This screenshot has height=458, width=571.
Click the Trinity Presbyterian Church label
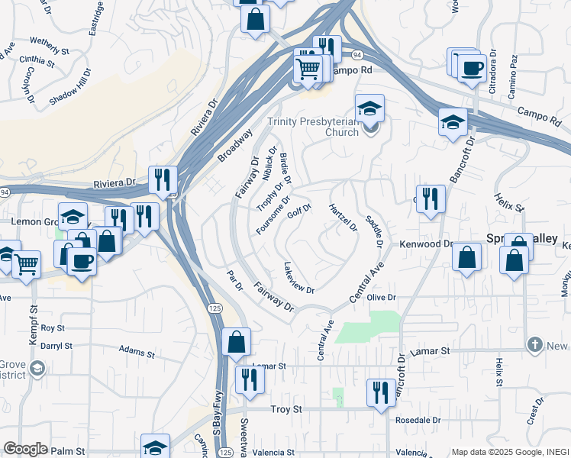point(323,127)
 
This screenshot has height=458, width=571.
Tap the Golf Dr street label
point(298,211)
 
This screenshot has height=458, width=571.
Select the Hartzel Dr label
point(343,217)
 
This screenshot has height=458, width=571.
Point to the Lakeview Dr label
point(298,278)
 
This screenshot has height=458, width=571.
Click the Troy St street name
point(288,409)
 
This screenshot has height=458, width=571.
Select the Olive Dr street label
point(381,297)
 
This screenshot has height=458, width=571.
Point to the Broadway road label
point(234,144)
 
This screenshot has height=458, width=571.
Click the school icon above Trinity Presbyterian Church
point(369,109)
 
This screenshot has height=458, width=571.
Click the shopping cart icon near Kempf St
point(26,265)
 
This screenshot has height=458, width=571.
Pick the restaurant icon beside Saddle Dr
point(431,198)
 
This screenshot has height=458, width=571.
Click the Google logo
point(25,449)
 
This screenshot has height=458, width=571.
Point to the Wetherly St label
point(50,45)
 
